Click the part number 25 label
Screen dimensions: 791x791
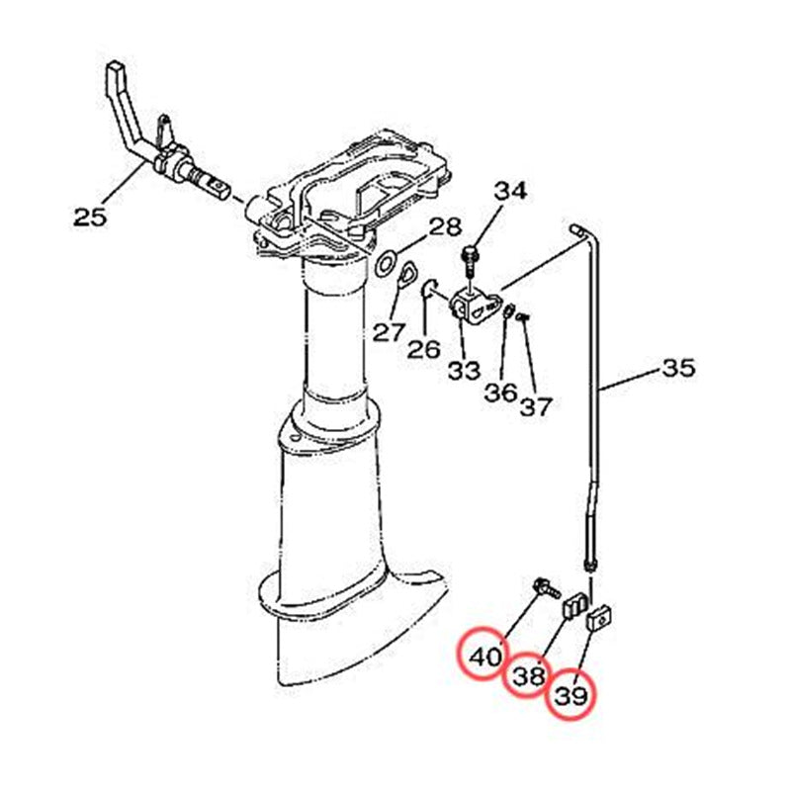90,218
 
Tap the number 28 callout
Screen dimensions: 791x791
445,227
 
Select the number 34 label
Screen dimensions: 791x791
510,191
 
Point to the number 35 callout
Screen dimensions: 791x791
678,368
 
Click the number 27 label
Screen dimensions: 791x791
389,332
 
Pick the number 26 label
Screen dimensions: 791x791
424,349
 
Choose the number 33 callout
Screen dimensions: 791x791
464,371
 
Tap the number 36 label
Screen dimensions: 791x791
501,393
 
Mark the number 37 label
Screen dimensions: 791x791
536,405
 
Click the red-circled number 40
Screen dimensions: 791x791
484,657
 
